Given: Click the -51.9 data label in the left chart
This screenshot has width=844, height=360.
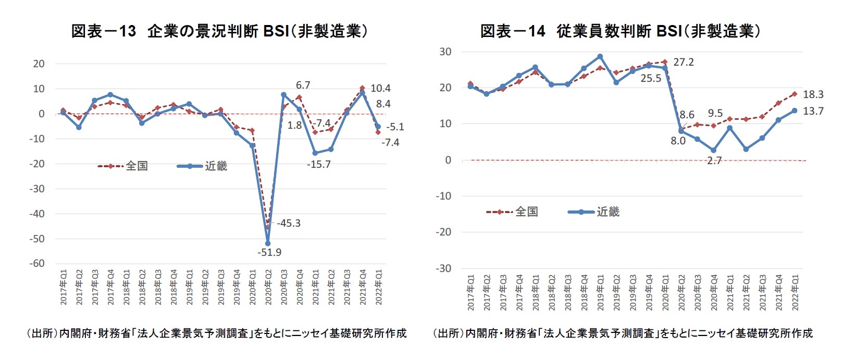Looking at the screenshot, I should coord(269,253).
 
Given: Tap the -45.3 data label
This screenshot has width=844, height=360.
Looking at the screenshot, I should coord(289,224).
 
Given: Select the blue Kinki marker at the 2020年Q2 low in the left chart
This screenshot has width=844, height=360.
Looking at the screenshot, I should coord(268,243).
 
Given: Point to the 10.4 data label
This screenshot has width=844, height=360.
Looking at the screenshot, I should coord(380,89).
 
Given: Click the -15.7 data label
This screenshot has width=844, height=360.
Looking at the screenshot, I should coord(318,165).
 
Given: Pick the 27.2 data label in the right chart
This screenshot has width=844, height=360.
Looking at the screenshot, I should coord(684,63).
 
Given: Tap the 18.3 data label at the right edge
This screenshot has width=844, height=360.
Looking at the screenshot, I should coord(813,95).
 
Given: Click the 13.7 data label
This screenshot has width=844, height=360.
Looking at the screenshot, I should coord(813,111).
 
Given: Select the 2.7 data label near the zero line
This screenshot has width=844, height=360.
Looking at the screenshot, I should coord(714,161).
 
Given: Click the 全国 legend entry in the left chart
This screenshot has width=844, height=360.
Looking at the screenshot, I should coord(136,166).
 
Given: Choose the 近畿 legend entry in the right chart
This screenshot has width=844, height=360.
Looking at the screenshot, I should coord(607,212).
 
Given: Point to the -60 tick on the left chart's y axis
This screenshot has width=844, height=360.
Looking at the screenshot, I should coord(37,264).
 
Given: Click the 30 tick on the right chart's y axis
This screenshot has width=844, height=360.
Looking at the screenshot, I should coord(445,52).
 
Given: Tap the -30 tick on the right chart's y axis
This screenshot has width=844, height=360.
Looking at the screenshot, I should coord(444,268).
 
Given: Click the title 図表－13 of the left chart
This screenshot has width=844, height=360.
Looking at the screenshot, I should coord(103,31).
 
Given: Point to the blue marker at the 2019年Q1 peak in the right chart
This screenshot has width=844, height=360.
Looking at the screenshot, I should coord(600,57).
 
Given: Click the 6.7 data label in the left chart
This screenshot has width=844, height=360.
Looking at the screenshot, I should coord(303,85).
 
